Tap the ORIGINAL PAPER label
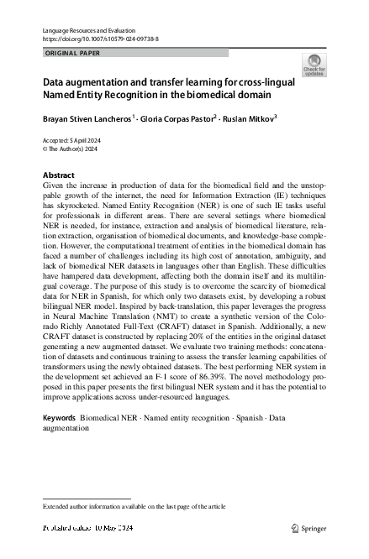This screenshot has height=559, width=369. (x=71, y=52)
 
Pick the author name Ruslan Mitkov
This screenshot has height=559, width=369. (x=256, y=118)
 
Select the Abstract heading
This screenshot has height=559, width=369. (x=58, y=175)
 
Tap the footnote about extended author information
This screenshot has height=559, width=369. (x=134, y=507)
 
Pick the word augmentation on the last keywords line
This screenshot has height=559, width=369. (x=66, y=427)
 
